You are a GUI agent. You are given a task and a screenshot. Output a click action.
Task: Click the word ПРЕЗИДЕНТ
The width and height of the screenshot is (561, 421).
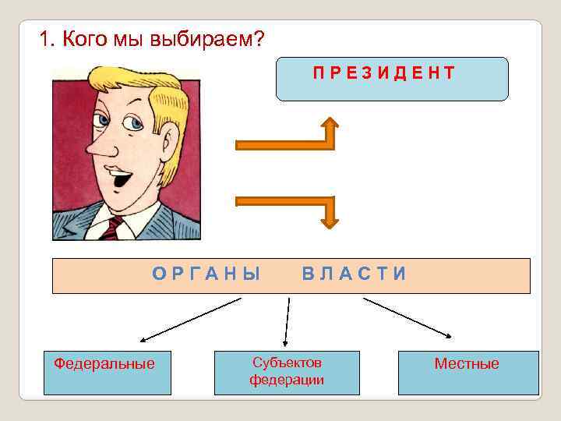pyautogui.click(x=384, y=73)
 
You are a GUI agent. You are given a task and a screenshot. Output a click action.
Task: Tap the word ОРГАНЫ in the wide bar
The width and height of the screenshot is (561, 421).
pyautogui.click(x=206, y=274)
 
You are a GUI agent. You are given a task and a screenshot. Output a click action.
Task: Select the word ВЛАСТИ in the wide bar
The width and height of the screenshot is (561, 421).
pyautogui.click(x=355, y=274)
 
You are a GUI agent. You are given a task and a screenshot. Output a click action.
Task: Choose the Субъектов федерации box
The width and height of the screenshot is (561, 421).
pyautogui.click(x=287, y=372)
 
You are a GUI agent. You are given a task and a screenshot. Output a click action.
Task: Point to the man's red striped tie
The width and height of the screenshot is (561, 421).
pyautogui.click(x=114, y=228)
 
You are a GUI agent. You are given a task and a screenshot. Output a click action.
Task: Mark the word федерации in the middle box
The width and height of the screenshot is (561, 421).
pyautogui.click(x=287, y=380)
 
